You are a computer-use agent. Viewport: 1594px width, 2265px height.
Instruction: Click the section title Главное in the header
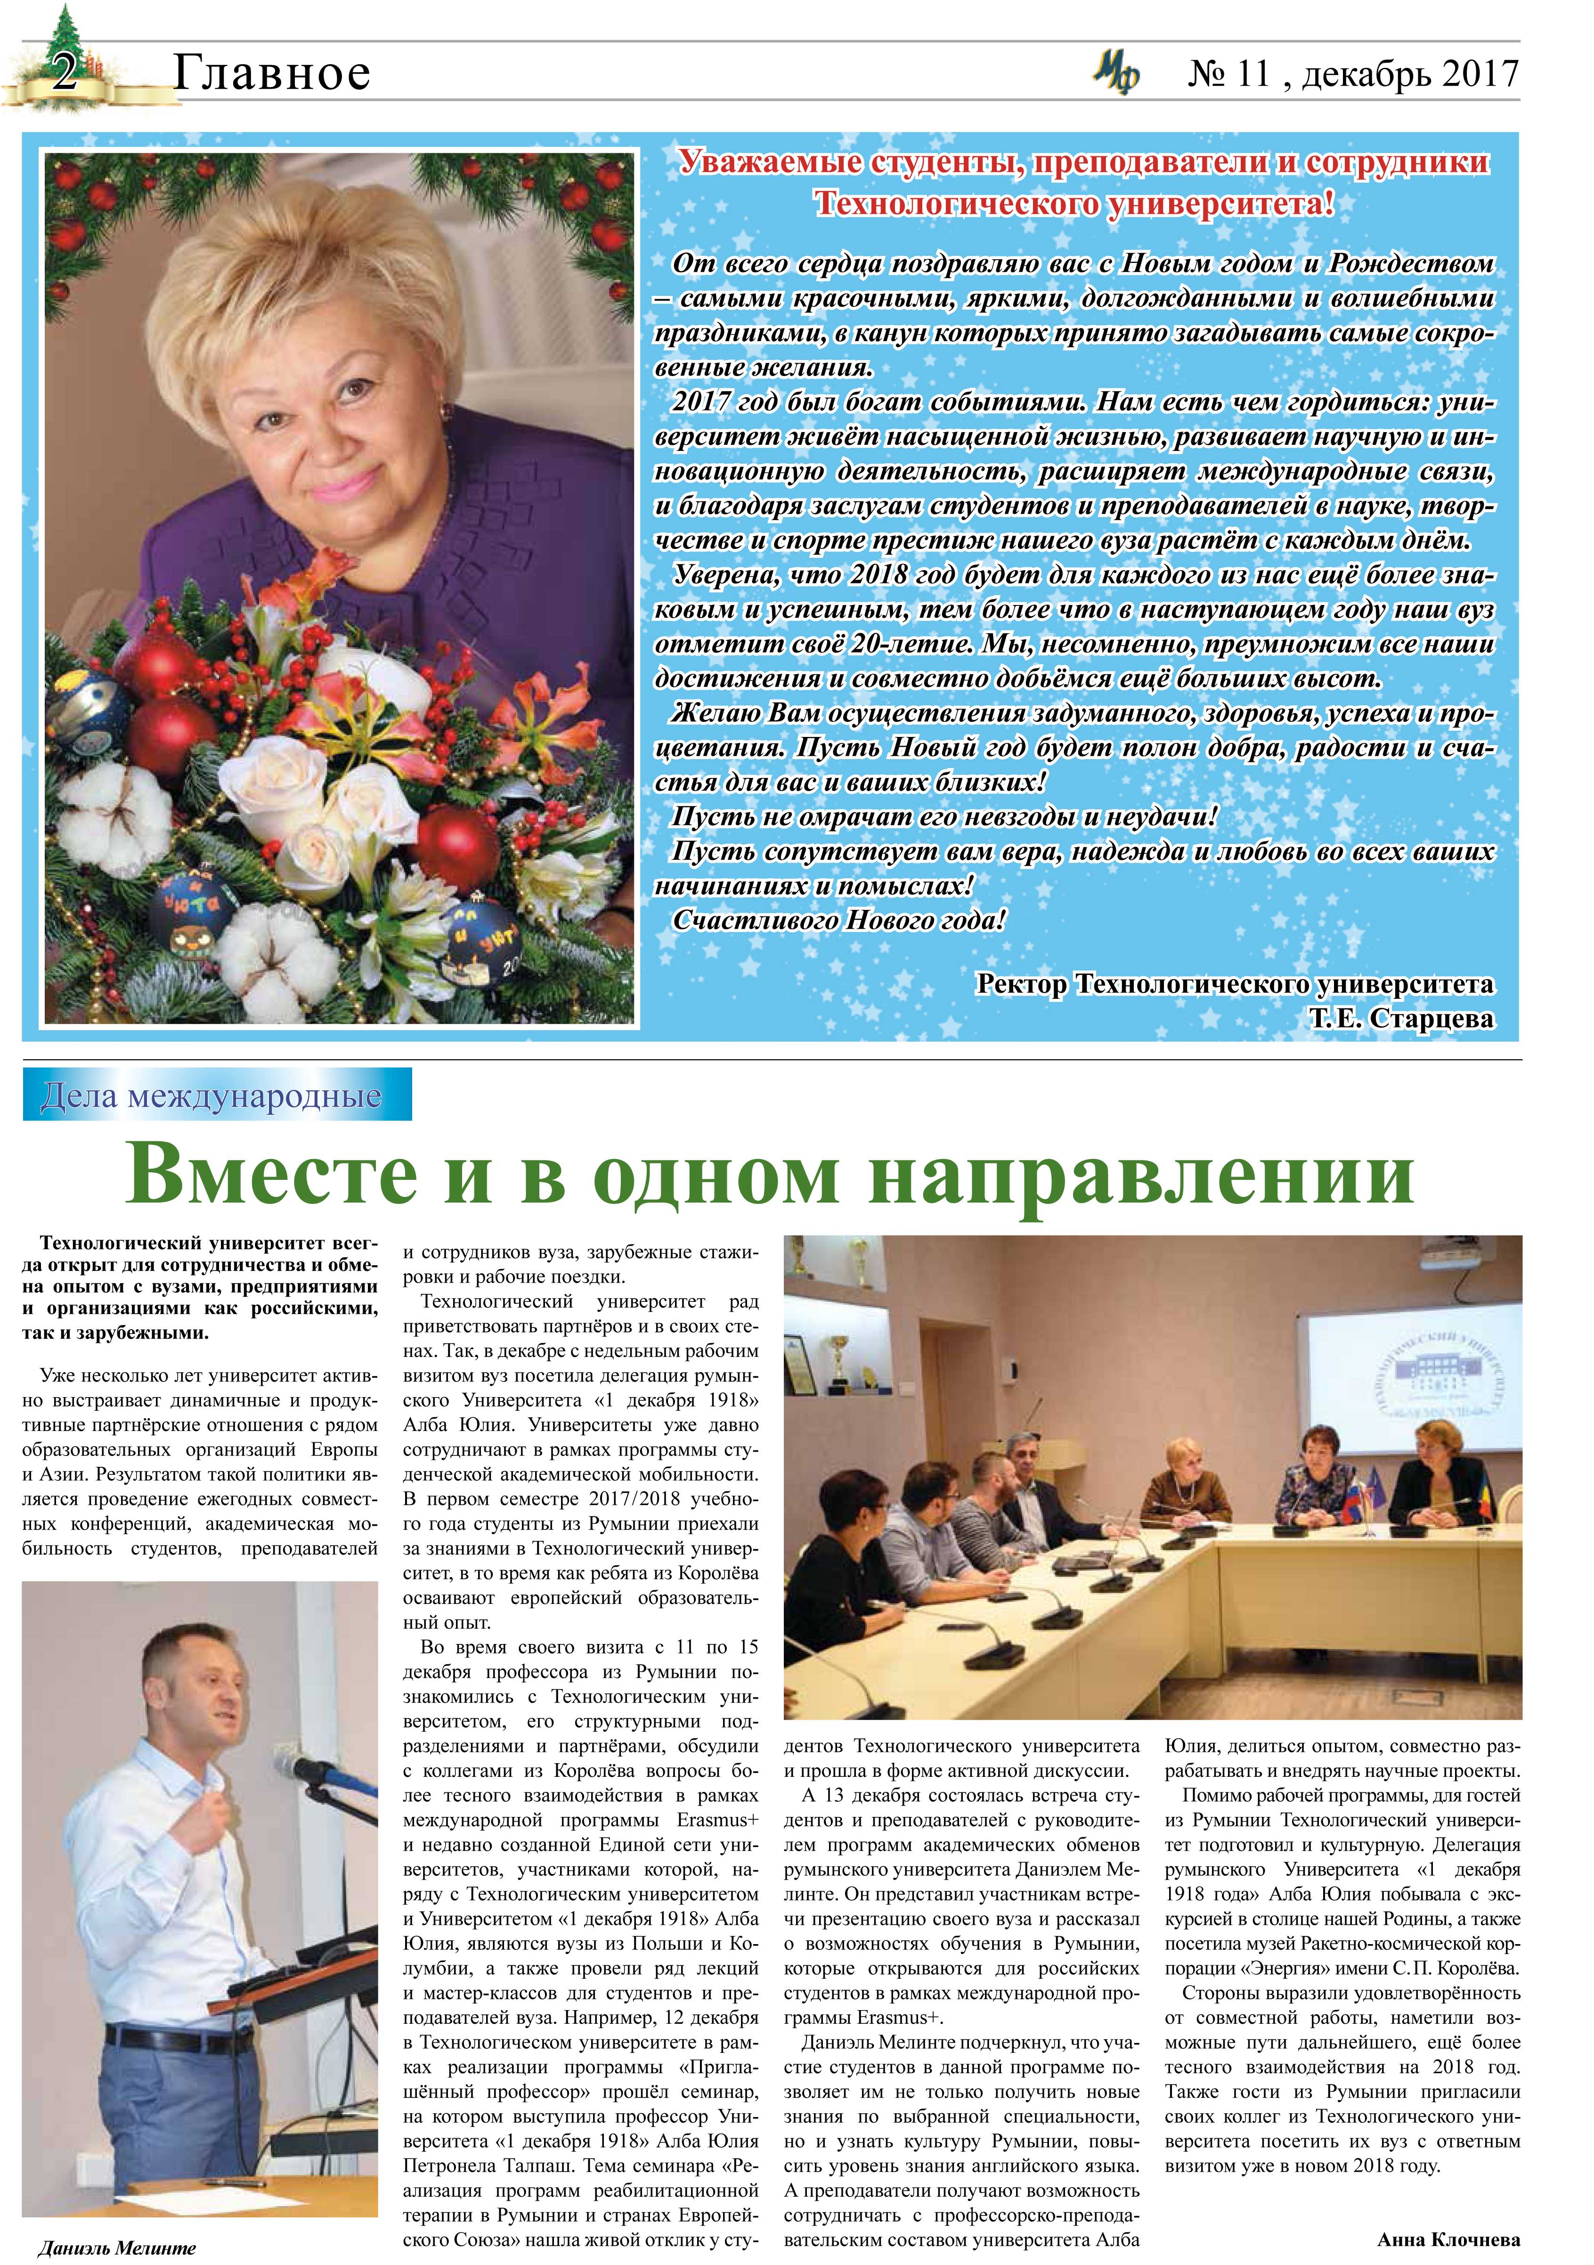tap(271, 73)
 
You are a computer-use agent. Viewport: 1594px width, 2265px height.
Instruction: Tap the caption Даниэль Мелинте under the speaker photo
tap(116, 2247)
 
